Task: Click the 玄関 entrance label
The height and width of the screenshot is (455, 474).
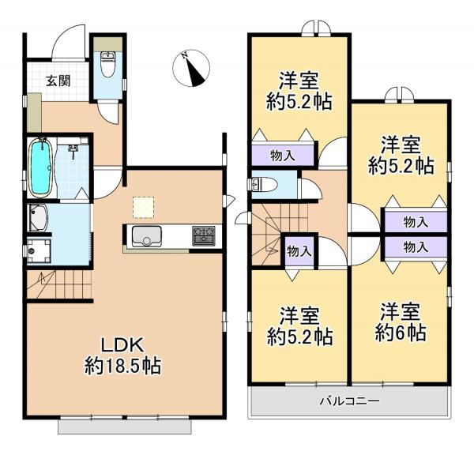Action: coord(55,80)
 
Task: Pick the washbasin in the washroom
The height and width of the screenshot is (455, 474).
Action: coord(38,216)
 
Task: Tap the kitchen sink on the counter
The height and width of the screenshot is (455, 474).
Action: coord(146,236)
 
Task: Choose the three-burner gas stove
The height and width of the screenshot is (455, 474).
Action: coord(202,235)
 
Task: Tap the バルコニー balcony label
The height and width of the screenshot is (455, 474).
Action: coord(349,401)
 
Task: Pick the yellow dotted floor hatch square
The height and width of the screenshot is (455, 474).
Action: coord(142,205)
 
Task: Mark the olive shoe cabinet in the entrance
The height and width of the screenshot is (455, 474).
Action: coord(32,113)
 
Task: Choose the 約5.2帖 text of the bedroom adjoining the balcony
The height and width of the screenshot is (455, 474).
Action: coord(299,337)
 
